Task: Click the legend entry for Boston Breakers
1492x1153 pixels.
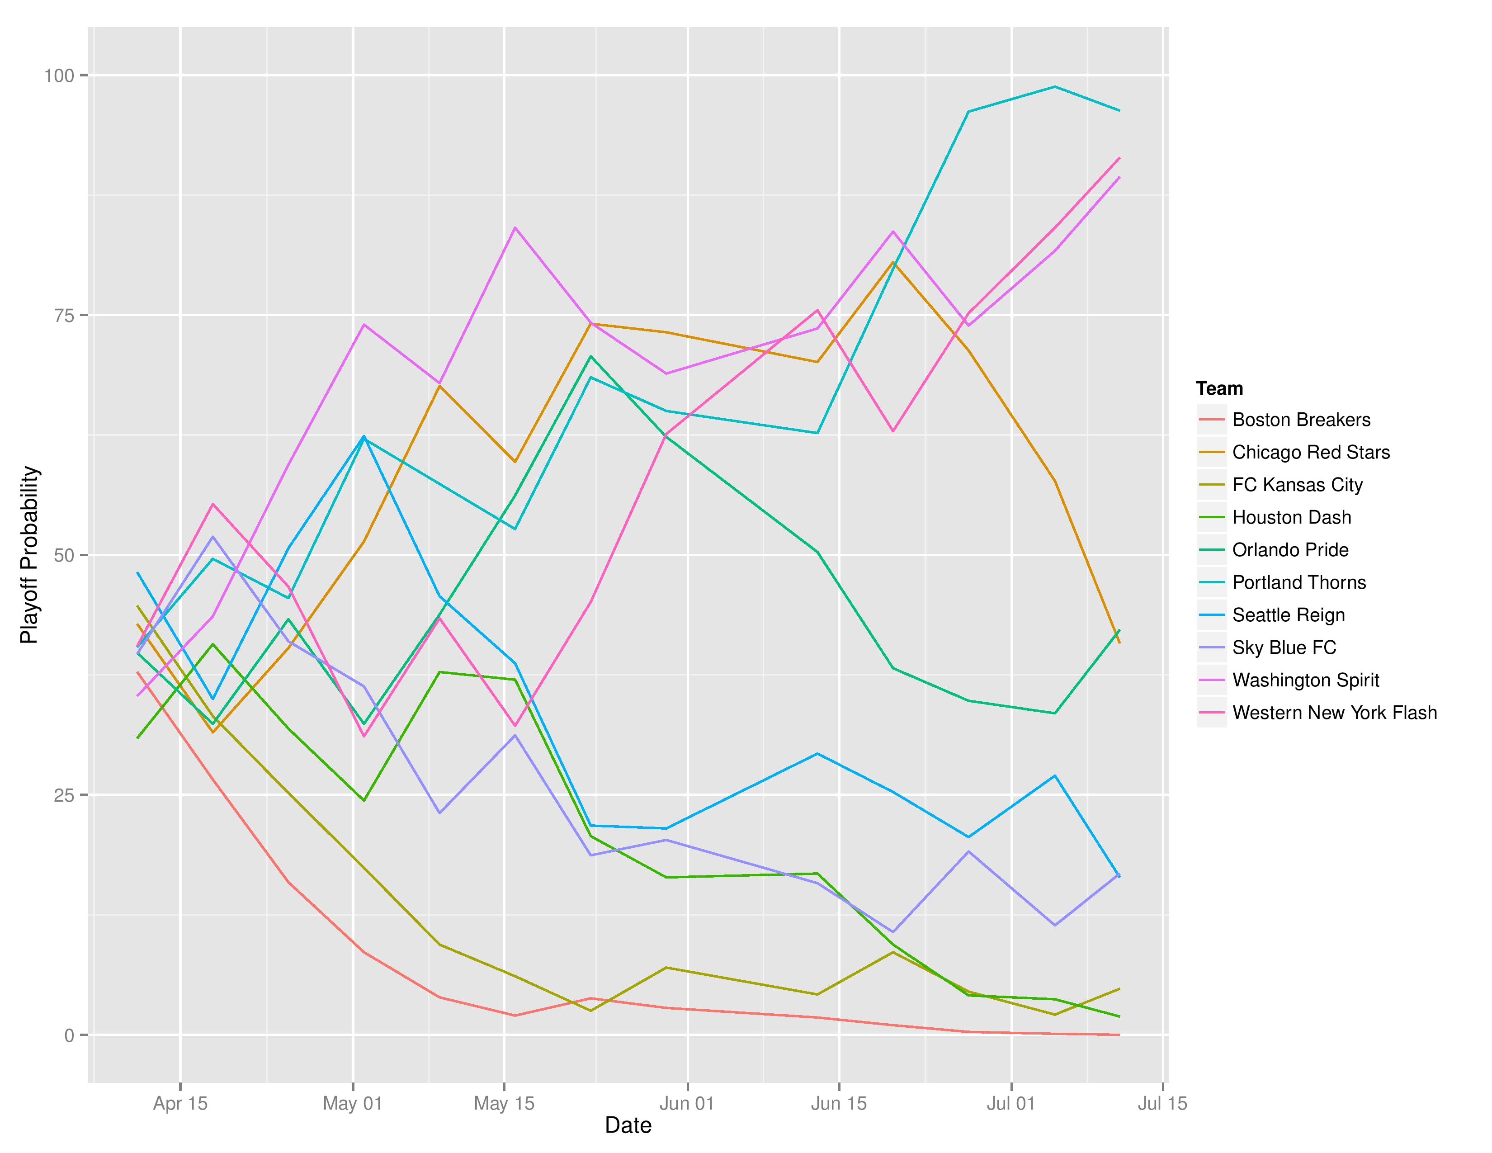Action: (1301, 420)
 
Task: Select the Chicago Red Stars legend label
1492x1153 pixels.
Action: (1310, 452)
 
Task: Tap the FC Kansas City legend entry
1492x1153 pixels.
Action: (1297, 485)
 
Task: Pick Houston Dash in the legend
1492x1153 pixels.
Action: (1291, 517)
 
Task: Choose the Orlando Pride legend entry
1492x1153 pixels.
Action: (1290, 550)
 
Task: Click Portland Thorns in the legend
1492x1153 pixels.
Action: (1298, 583)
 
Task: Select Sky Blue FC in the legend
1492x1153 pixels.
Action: (1284, 647)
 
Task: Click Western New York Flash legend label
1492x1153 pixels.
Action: (1334, 713)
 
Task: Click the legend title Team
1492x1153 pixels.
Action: (1219, 389)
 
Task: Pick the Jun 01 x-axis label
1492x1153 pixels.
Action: (687, 1103)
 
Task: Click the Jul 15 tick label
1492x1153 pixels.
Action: (1162, 1103)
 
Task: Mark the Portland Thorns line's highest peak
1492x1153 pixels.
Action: (1055, 87)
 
